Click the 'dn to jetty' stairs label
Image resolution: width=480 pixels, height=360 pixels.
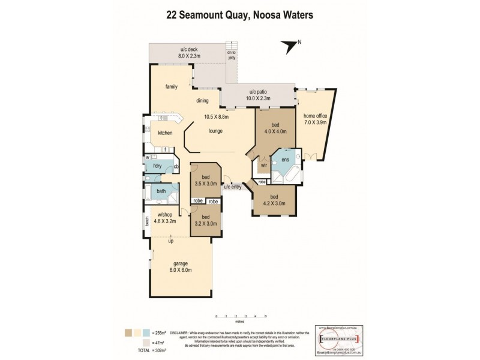coord(231,54)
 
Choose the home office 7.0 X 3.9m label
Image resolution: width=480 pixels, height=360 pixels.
coord(315,119)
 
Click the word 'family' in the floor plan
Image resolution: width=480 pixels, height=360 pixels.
coord(172,86)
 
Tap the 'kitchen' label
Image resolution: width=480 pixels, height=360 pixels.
coord(165,133)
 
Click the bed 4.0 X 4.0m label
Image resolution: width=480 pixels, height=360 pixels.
coord(275,128)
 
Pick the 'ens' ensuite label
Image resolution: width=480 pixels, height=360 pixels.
coord(284,160)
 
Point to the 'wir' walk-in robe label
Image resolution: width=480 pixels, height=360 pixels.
coord(263,164)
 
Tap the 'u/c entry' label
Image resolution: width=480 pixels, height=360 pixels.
coord(233,187)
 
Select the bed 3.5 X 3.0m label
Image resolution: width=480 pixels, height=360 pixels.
coord(205,181)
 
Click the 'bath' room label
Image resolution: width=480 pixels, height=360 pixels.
coord(161,192)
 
